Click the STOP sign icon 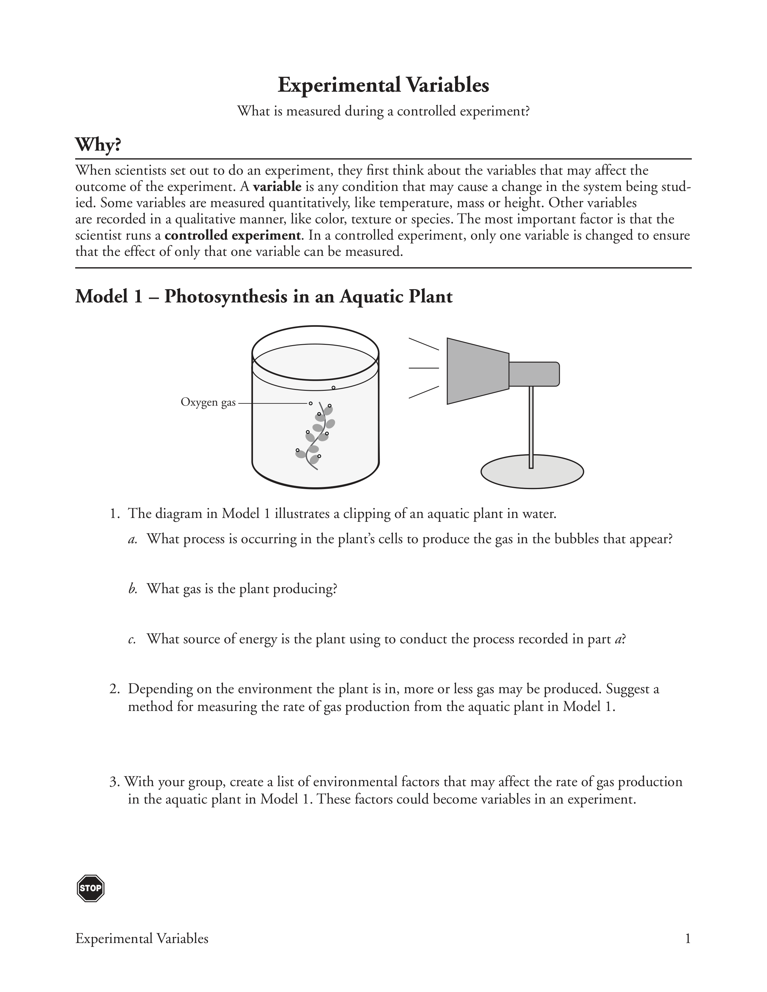(91, 888)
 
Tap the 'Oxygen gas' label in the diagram (208, 403)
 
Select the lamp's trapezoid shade (477, 371)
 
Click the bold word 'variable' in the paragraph (277, 187)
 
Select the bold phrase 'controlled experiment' (232, 235)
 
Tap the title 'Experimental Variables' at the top (383, 85)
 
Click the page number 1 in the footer (688, 938)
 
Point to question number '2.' (115, 689)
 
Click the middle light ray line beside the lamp (424, 368)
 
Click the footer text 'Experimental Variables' (142, 938)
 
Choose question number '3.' (115, 782)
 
